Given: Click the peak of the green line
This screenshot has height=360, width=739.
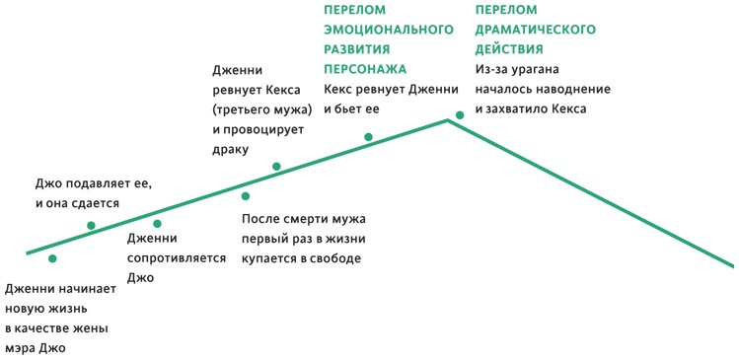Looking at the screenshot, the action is click(449, 120).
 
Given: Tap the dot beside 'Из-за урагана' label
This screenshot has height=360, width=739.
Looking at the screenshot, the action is click(460, 114).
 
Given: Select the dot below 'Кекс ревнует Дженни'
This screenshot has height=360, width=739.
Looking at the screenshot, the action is click(368, 137).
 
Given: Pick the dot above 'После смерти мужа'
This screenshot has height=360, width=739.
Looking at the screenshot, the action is click(246, 195).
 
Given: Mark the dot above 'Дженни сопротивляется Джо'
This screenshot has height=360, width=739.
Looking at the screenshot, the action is click(157, 223).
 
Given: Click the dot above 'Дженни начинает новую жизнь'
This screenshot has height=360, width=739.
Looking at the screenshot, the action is click(52, 258).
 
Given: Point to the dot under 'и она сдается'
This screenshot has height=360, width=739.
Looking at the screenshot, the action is click(91, 226).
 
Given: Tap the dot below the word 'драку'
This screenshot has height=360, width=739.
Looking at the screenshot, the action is click(276, 166).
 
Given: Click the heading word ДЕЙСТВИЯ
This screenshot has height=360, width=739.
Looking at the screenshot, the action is click(511, 48).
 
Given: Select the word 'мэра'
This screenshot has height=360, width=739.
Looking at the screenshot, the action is click(24, 347).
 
